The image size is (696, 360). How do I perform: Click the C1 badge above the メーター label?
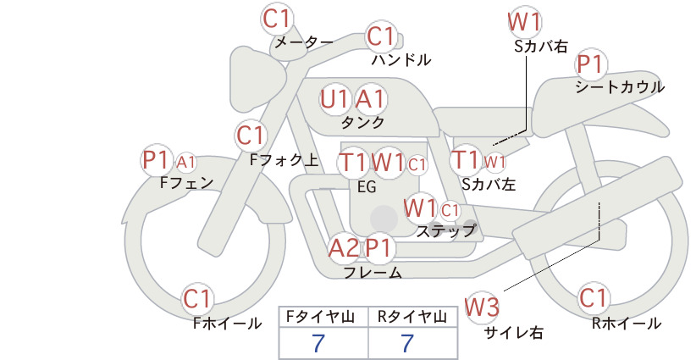point(277,19)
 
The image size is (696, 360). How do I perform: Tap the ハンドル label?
point(401,59)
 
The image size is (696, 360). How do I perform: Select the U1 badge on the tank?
point(335,99)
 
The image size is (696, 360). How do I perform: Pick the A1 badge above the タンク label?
point(371,99)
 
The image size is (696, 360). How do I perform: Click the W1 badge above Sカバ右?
point(525,22)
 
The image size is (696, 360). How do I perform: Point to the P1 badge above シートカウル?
point(591,64)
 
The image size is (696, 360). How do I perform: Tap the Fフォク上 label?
point(284,160)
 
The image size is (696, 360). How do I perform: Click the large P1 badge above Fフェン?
point(157,160)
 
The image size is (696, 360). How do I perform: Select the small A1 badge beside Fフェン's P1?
point(186,163)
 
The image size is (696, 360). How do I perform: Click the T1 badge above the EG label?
point(353,163)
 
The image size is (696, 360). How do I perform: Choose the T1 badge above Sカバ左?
point(466,160)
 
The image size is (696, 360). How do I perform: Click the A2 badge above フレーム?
point(344,247)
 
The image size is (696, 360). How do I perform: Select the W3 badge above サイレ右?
point(482,307)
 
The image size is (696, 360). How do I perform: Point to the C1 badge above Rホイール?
point(594,298)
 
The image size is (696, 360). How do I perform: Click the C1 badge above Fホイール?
point(197,299)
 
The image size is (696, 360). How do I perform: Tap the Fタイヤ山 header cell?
point(323,317)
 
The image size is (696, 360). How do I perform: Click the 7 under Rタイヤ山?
point(407,343)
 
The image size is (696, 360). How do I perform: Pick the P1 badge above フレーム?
point(379,247)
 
